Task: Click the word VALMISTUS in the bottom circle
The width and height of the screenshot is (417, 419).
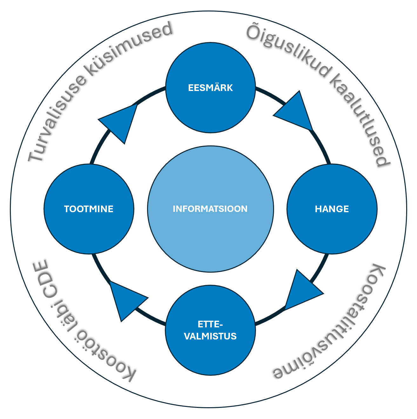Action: pos(210,336)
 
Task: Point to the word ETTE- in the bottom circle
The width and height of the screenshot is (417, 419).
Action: pos(210,325)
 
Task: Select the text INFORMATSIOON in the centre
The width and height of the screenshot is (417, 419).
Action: pos(210,209)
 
